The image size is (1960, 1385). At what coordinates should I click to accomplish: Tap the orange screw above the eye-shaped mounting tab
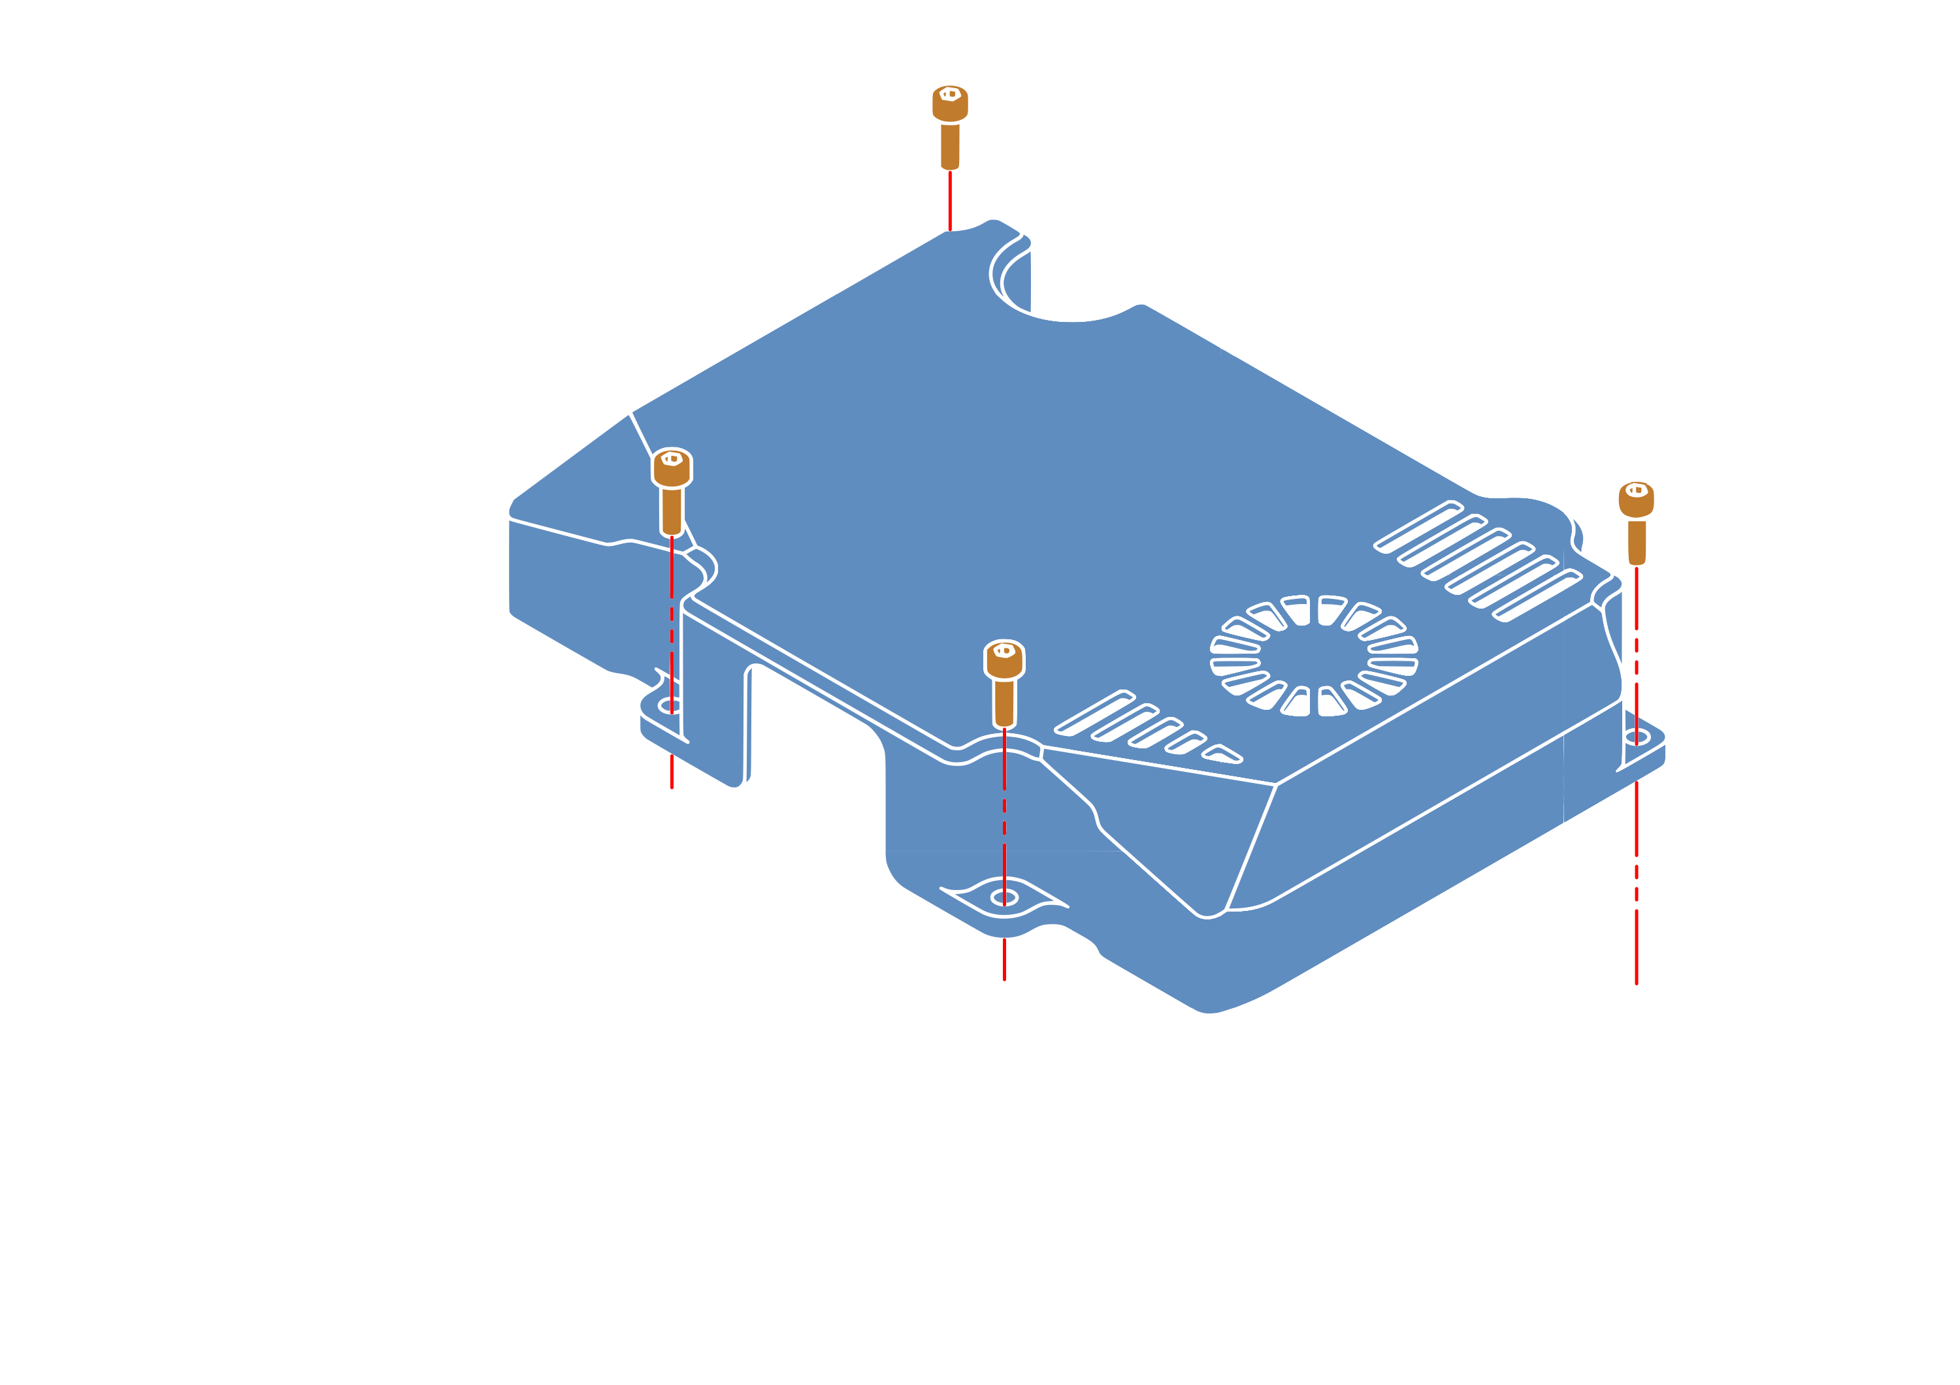pyautogui.click(x=1004, y=682)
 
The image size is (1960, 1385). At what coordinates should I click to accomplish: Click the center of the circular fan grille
pyautogui.click(x=1314, y=654)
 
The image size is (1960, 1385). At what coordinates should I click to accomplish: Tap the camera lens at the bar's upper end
pyautogui.click(x=428, y=885)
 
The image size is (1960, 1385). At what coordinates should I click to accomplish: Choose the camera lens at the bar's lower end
pyautogui.click(x=903, y=1160)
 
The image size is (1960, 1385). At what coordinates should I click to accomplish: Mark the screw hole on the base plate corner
pyautogui.click(x=1635, y=990)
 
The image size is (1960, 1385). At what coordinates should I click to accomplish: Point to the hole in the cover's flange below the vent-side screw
pyautogui.click(x=1635, y=735)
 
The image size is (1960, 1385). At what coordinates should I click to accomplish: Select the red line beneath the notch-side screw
pyautogui.click(x=949, y=200)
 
